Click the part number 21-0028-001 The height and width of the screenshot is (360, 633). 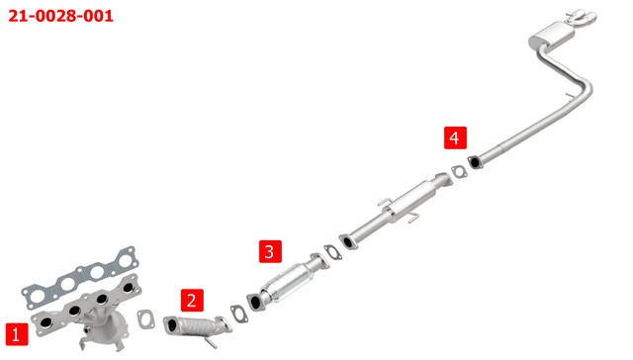(60, 16)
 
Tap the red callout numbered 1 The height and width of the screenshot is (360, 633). (17, 334)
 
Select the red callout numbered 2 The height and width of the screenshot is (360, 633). (192, 300)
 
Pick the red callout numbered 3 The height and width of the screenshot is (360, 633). (270, 251)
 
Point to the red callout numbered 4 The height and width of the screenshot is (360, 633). (455, 137)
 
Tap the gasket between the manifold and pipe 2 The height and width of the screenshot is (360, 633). (145, 318)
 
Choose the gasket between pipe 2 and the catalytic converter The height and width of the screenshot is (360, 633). (239, 315)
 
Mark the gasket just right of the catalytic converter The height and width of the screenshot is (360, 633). (332, 252)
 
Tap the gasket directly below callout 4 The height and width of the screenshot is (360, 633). (459, 171)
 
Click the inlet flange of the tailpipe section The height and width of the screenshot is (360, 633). (475, 162)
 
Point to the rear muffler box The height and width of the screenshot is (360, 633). (552, 37)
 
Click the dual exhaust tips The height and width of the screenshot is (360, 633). (583, 16)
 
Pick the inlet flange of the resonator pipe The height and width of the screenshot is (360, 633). (347, 241)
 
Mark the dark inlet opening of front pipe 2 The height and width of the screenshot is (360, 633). (172, 325)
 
